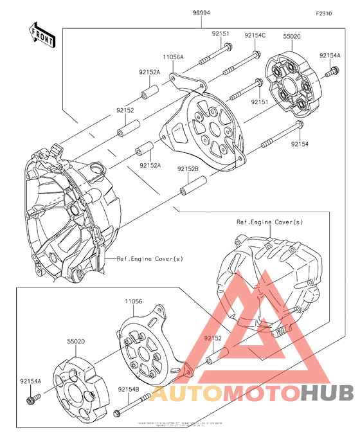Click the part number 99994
coord(201,13)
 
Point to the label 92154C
coord(255,35)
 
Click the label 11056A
coord(173,57)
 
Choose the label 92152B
coord(188,168)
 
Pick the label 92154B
coord(127,389)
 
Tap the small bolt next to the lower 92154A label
coord(30,402)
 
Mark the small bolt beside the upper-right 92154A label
coord(330,75)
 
